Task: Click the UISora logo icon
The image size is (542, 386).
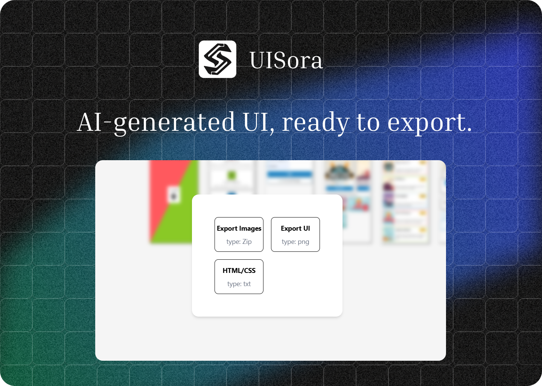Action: coord(218,59)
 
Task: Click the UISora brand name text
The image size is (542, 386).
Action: coord(286,60)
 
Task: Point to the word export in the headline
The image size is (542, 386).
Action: coord(429,123)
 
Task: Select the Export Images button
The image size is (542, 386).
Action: coord(239,234)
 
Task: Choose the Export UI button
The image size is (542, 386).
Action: coord(295,234)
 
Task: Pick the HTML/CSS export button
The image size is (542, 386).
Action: coord(239,277)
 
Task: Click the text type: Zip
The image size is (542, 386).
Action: coord(239,242)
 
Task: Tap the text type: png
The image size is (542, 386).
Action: coord(295,242)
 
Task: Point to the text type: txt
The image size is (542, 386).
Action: coord(239,284)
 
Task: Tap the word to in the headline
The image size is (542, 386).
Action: coord(368,123)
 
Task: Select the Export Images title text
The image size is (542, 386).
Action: coord(239,228)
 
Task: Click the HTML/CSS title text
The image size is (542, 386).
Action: coord(239,271)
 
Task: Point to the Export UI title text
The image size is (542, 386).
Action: coord(295,228)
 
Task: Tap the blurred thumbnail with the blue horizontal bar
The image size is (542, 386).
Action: coord(289,177)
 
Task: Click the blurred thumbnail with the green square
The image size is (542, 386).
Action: coord(231,176)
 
